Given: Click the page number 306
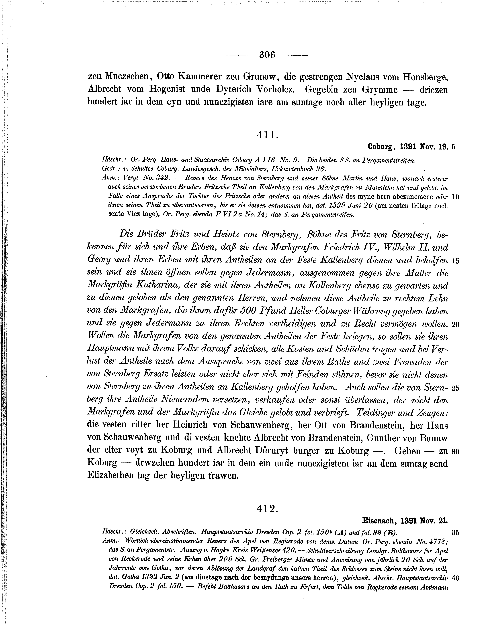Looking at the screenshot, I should click(x=267, y=55).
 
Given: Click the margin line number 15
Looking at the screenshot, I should click(x=456, y=261).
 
